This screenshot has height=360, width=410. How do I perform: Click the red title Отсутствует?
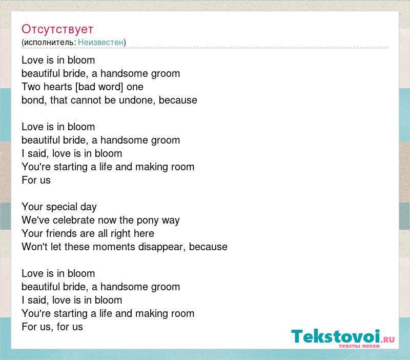pos(57,29)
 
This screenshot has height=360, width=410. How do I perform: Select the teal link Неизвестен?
pos(100,42)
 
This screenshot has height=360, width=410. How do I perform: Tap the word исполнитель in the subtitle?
pos(49,43)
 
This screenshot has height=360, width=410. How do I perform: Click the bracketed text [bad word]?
pos(99,87)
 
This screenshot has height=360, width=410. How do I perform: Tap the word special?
pos(61,207)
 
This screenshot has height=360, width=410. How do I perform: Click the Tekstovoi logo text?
pos(336,336)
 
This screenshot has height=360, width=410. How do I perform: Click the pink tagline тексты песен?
pos(359,346)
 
